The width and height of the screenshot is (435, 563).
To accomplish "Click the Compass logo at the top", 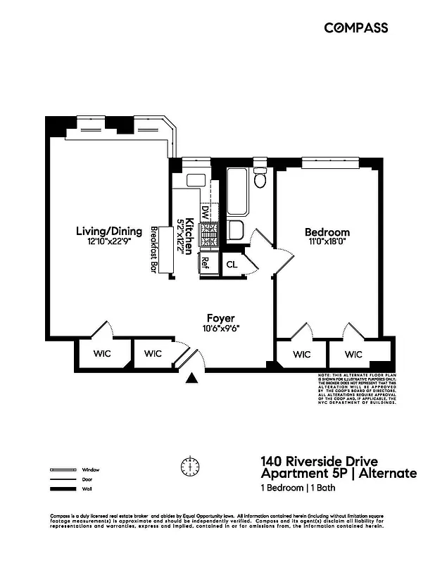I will tap(355, 27).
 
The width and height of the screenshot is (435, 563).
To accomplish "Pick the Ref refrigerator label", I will tap(206, 263).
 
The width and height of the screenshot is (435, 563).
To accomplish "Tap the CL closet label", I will tap(232, 265).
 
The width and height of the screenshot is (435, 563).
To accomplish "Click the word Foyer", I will tap(220, 317).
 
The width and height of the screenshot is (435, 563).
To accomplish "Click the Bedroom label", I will tap(327, 232).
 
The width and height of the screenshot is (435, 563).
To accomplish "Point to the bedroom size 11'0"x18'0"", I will tap(327, 243).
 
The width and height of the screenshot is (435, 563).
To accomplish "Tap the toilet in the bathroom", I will tap(260, 179).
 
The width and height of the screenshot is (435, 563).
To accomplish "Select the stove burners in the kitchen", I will tap(209, 236).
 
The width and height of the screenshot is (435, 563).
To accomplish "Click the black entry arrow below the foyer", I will tap(191, 379).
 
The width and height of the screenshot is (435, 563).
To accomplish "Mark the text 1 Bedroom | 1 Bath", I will tap(296, 488).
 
